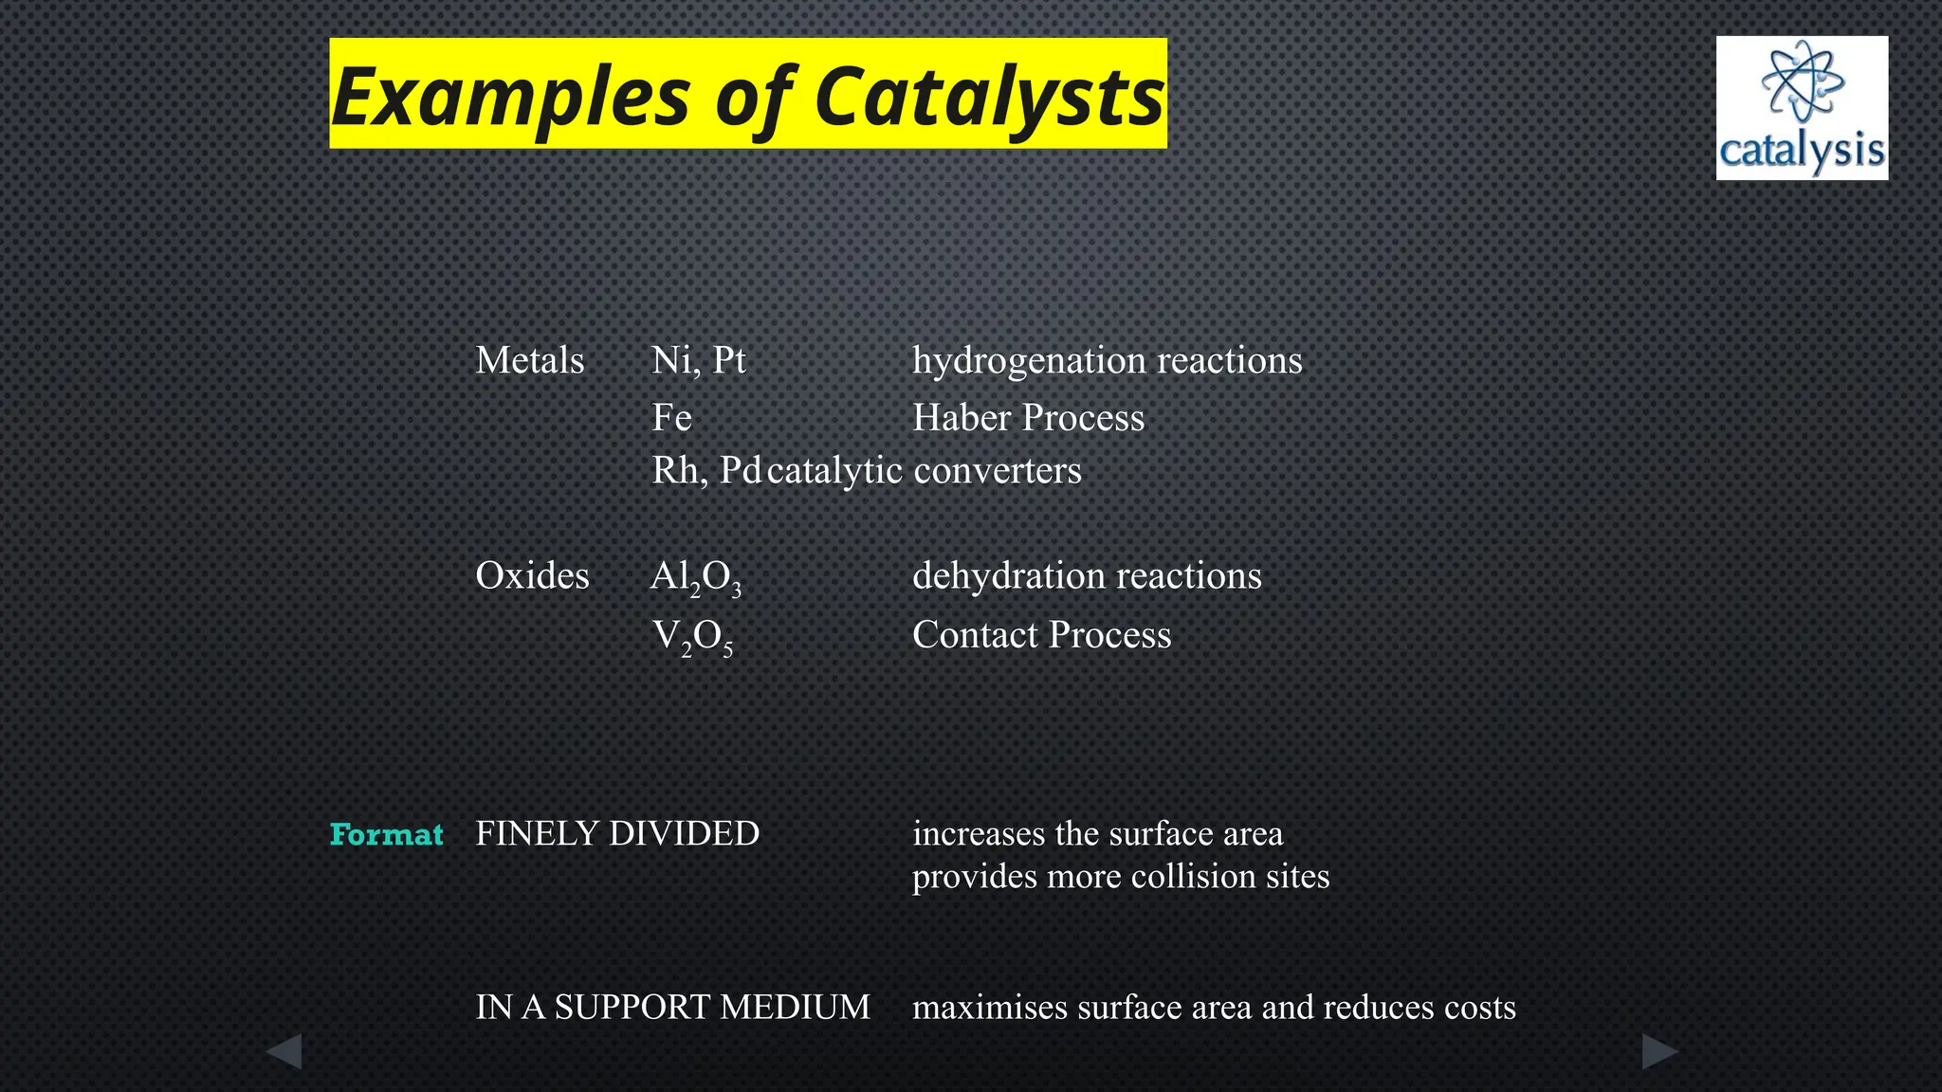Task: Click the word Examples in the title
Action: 510,97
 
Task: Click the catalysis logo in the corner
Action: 1801,108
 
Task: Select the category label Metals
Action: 529,360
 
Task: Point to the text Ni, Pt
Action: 698,360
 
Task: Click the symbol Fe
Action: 671,418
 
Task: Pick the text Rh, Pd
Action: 706,470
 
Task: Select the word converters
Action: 997,470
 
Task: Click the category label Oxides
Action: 532,575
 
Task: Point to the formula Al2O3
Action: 695,577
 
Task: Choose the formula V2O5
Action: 692,636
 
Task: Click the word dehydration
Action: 1007,575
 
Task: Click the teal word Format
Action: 386,834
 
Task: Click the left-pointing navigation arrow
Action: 284,1051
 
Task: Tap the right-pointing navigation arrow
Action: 1658,1051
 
